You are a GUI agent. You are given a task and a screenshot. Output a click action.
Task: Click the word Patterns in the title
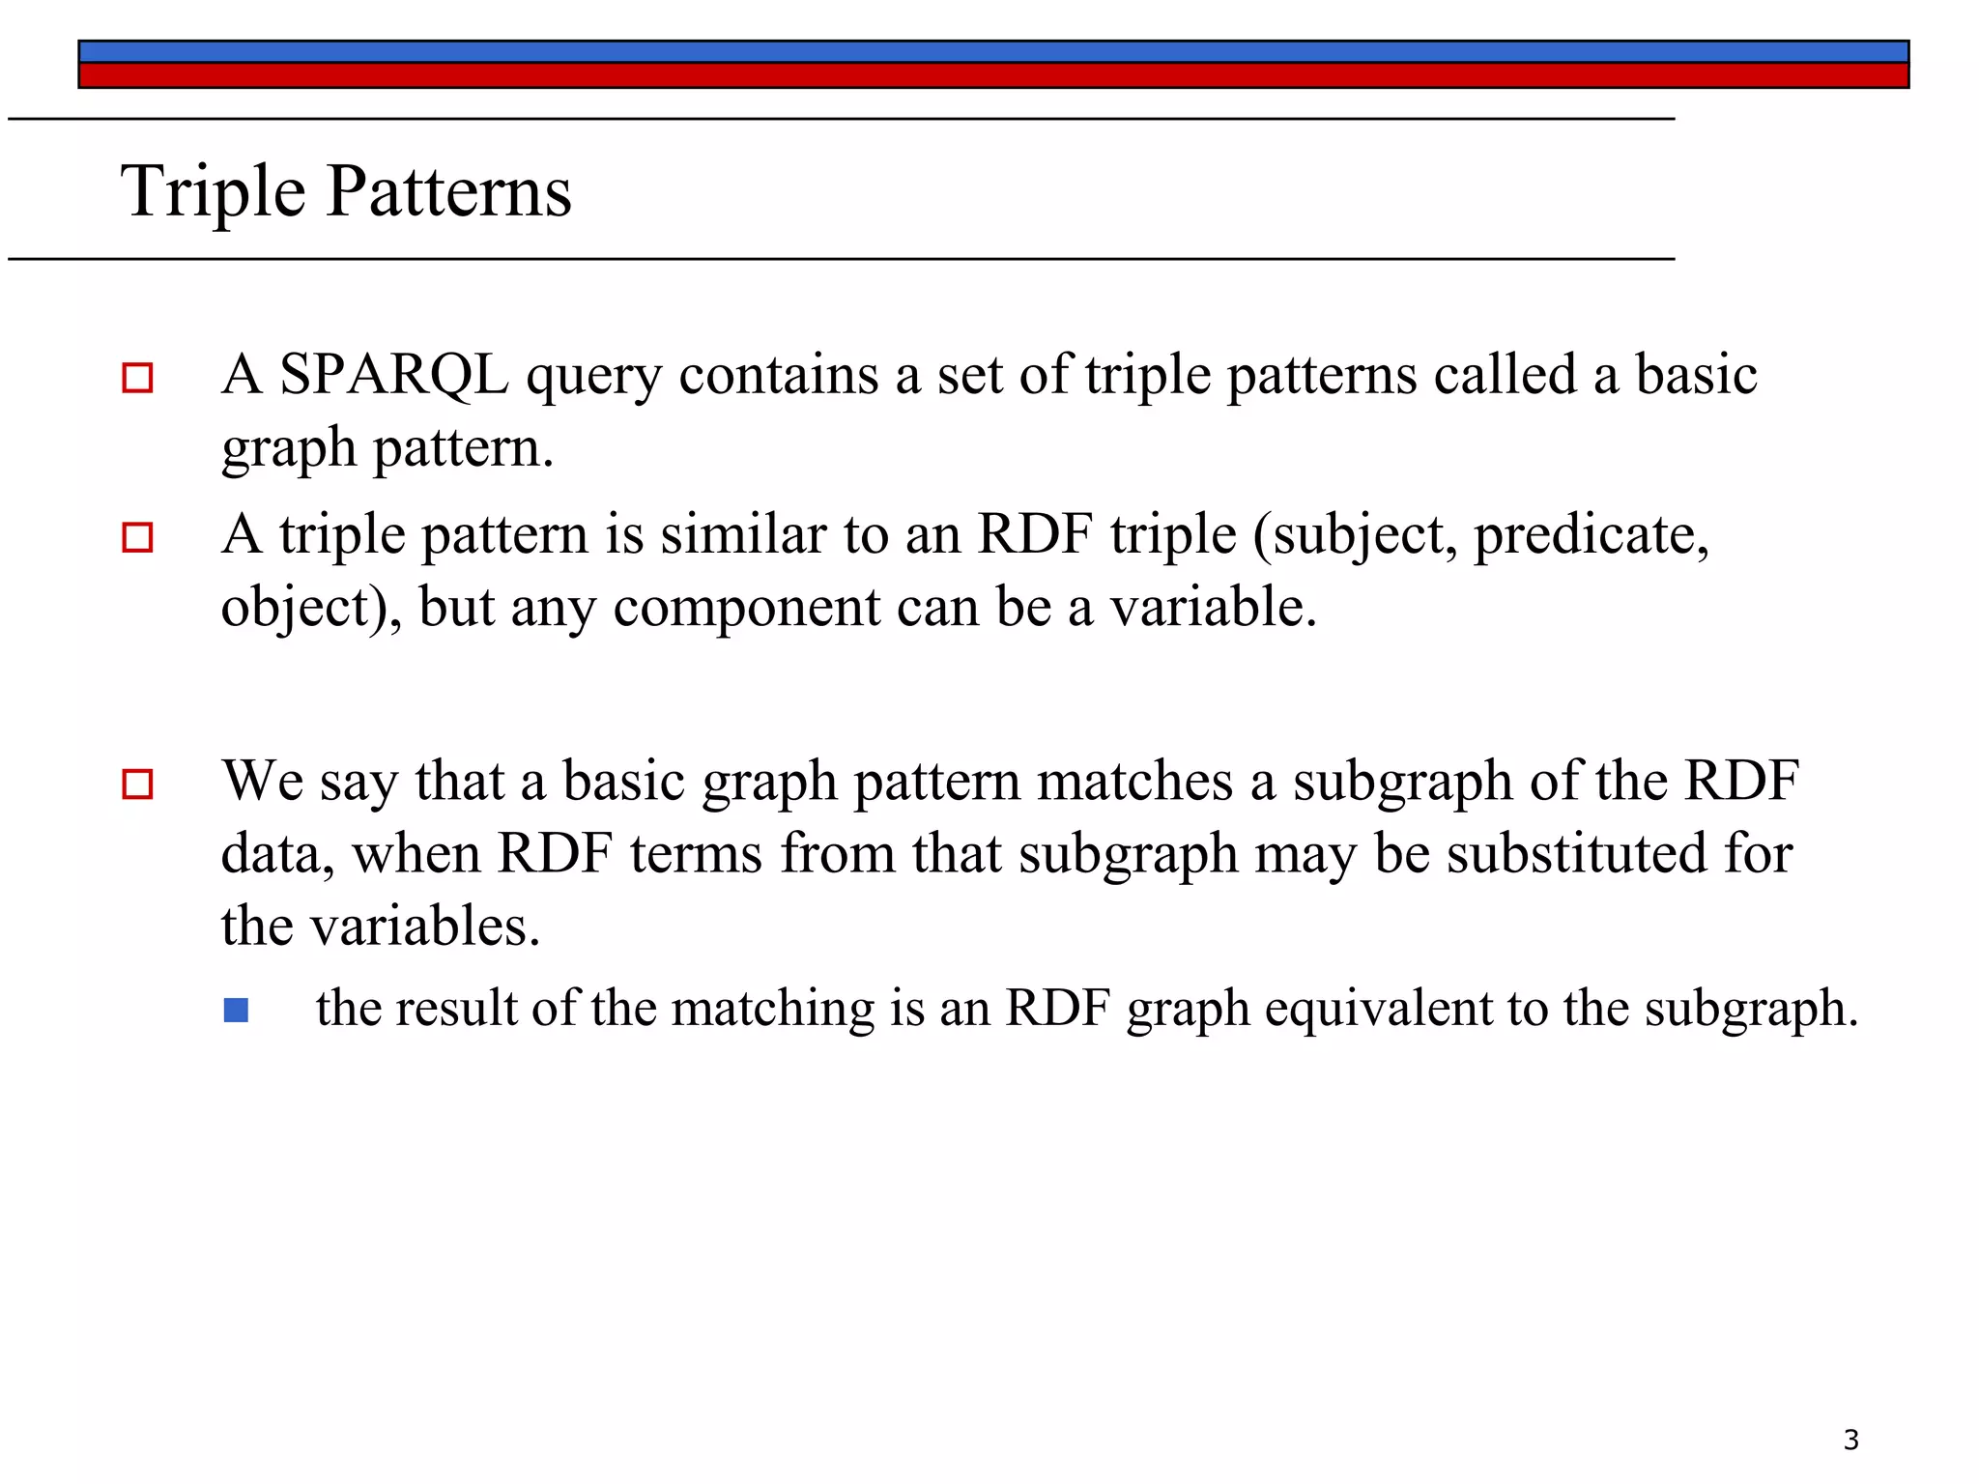coord(449,191)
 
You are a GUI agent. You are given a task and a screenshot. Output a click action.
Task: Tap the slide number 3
coord(1850,1440)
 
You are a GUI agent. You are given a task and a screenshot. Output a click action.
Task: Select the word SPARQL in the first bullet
coord(393,375)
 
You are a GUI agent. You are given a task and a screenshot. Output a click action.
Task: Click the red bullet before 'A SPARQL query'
coord(137,378)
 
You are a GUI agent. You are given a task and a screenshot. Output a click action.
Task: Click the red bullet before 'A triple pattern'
coord(137,537)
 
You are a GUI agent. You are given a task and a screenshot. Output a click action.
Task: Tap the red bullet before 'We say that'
coord(137,784)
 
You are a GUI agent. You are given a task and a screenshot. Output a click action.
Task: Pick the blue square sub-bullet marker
coord(236,1011)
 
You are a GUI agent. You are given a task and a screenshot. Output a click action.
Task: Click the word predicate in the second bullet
coord(1591,535)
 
